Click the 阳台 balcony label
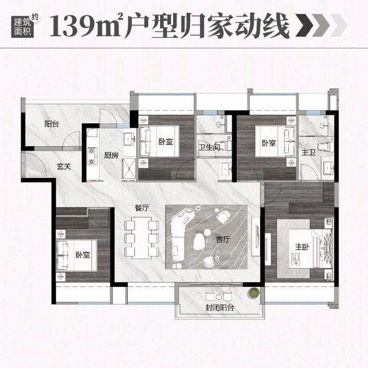(x=52, y=124)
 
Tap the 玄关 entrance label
(x=64, y=167)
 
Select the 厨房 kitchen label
(x=111, y=155)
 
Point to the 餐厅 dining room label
(x=142, y=208)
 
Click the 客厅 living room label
(x=223, y=239)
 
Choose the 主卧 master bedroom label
(x=302, y=247)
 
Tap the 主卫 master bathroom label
(x=308, y=152)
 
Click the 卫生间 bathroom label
(x=209, y=147)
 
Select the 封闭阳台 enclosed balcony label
(x=219, y=307)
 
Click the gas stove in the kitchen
(x=92, y=156)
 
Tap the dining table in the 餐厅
(x=142, y=238)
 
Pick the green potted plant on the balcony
(x=254, y=292)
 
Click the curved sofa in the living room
(x=181, y=235)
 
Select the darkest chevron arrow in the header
(x=304, y=25)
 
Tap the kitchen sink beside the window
(x=129, y=139)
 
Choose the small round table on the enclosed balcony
(x=219, y=297)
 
